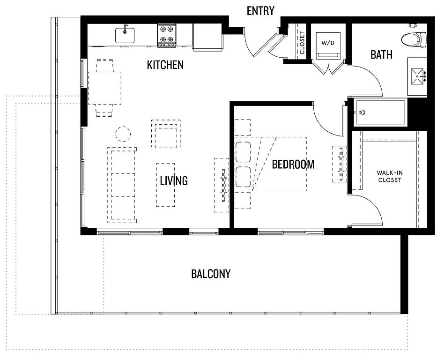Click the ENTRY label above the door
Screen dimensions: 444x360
pos(260,11)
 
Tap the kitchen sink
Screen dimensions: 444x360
pos(125,35)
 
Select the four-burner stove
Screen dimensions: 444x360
pos(167,36)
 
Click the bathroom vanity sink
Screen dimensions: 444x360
pos(418,76)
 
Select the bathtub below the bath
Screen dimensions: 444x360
pos(380,112)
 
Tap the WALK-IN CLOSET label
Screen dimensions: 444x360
pos(390,176)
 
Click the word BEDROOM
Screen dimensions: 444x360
pos(293,165)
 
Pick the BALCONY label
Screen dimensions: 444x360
pos(211,274)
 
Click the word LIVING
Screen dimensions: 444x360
pos(174,180)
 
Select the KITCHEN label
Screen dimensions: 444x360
pos(165,65)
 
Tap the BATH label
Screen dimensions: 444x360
pos(381,54)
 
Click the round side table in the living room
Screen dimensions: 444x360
pos(123,134)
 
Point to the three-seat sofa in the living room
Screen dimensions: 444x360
pos(122,185)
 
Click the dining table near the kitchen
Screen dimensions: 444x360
pos(105,88)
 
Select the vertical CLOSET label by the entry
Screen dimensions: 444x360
pos(302,43)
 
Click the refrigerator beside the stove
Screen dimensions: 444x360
pos(207,37)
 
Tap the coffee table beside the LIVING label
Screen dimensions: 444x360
pos(166,185)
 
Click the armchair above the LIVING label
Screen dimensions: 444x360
pos(166,134)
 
